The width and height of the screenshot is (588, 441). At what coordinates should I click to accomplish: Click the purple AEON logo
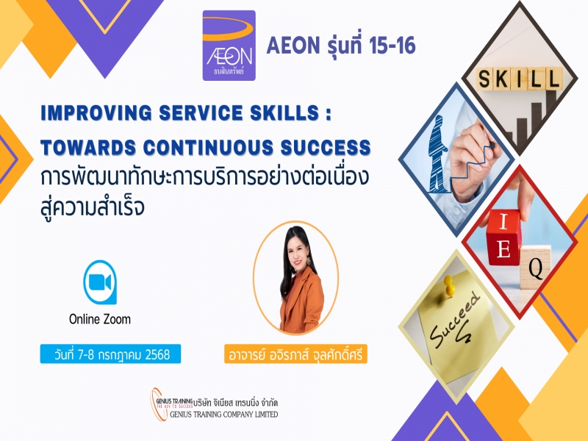[229, 46]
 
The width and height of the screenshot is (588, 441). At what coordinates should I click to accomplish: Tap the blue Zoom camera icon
[100, 282]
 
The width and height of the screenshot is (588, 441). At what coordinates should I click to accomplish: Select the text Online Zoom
[100, 319]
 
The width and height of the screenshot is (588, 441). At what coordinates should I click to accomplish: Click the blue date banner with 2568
[110, 354]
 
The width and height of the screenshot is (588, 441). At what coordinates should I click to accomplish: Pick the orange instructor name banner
[295, 354]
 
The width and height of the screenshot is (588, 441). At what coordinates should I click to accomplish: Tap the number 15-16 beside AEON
[392, 46]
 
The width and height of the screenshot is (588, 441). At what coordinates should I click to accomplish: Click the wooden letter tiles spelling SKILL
[520, 79]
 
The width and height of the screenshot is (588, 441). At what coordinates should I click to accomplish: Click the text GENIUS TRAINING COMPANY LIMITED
[224, 414]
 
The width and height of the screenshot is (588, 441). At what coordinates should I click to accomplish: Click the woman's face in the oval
[297, 255]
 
